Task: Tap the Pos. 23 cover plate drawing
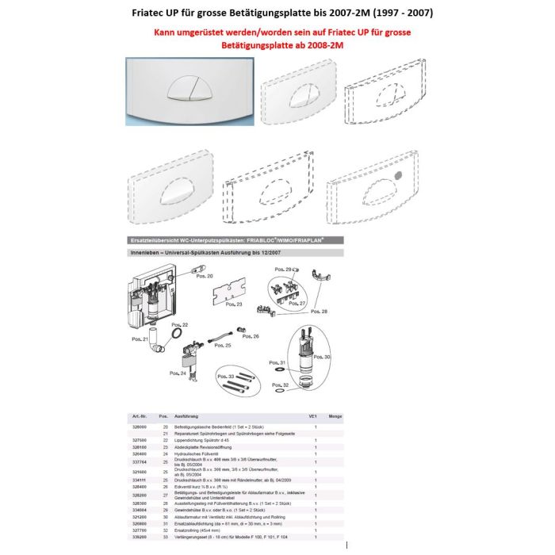click(228, 292)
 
